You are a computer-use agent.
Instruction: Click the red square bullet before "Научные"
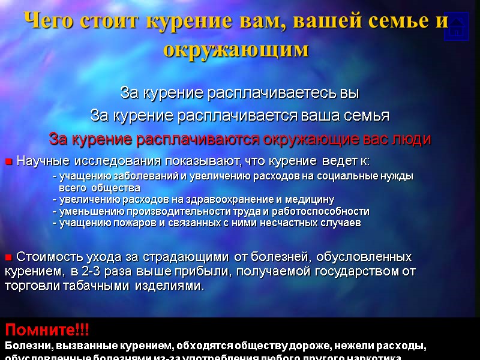click(x=9, y=161)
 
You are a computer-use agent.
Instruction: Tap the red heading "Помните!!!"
click(x=47, y=329)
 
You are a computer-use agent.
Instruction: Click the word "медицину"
click(x=309, y=199)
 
